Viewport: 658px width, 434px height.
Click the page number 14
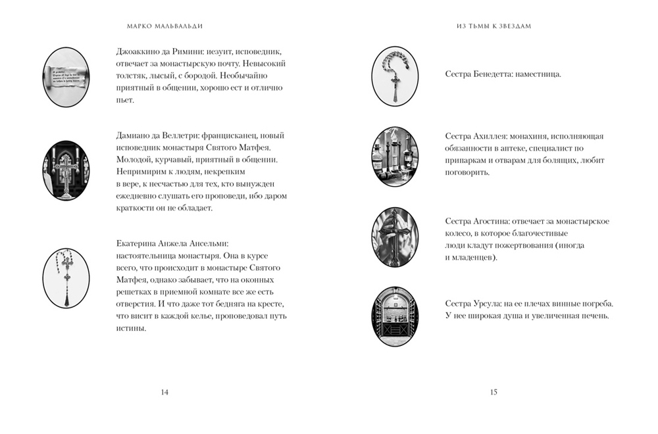164,393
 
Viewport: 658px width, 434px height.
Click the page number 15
493,393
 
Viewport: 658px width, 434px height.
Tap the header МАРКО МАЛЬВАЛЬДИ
164,27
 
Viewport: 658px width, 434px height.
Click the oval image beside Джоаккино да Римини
66,77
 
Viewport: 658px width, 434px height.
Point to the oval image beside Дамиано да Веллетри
66,170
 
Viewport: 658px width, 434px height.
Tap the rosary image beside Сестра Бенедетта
395,77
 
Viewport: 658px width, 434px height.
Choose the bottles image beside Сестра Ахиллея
395,157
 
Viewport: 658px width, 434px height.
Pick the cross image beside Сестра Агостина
395,237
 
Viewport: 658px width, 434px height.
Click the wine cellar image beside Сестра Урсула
395,317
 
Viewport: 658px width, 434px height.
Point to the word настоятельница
143,254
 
